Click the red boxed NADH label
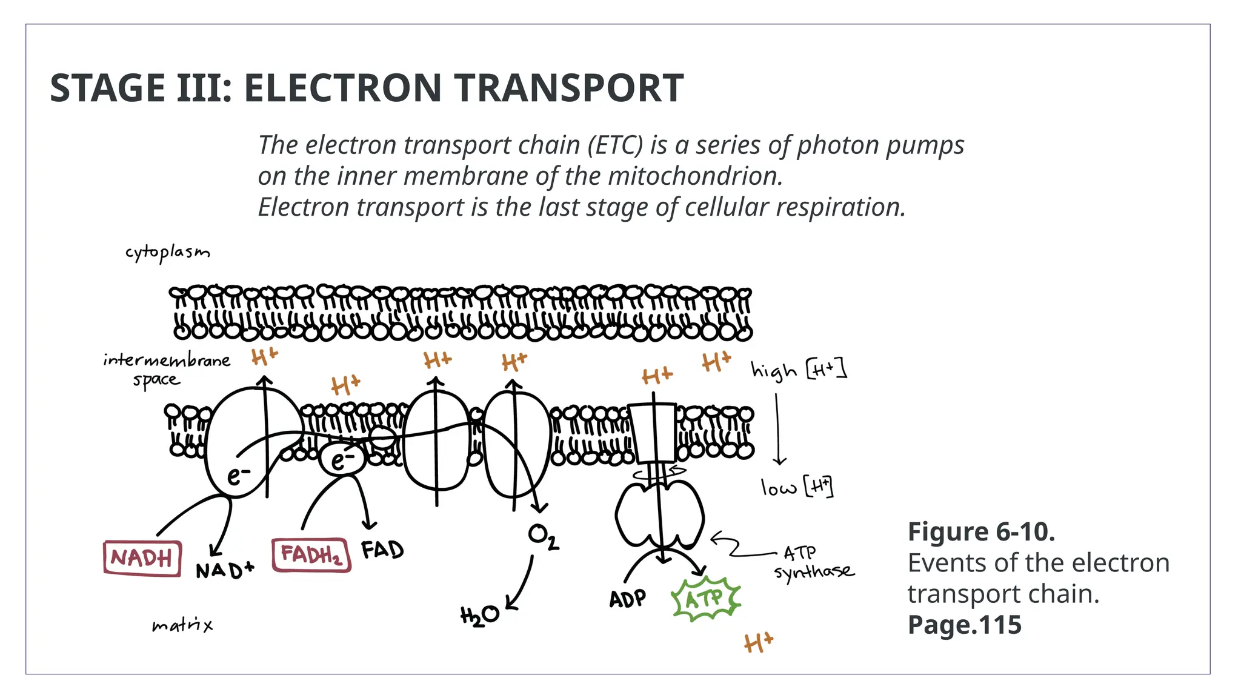(142, 557)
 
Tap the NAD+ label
(225, 570)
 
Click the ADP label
(627, 599)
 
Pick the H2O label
(479, 616)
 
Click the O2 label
(543, 537)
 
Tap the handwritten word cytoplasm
(168, 253)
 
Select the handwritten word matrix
(182, 625)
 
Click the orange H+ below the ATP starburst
(759, 642)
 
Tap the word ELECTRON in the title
(344, 88)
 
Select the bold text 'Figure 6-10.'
(981, 532)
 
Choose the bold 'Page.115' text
(964, 625)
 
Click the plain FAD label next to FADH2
(382, 550)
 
